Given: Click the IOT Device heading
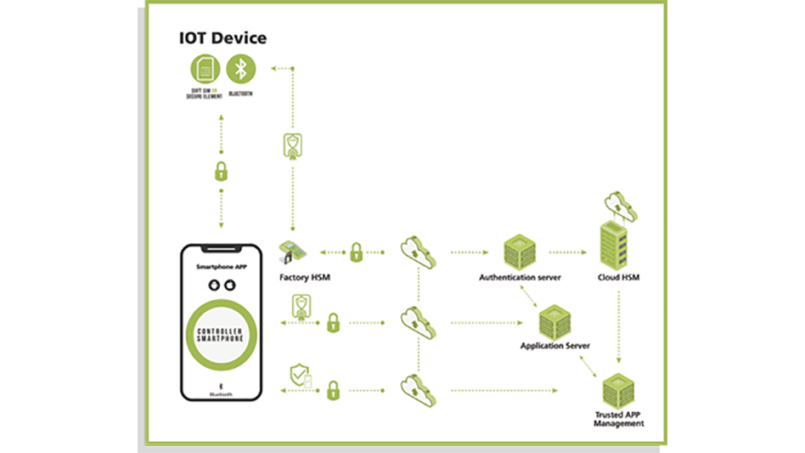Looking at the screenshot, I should coord(222,37).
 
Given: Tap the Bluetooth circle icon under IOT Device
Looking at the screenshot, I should coord(242,68).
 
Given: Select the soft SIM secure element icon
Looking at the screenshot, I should coord(204,68).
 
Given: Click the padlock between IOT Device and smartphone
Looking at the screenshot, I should coord(221,171).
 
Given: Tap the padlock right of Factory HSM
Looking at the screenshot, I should coord(357,252).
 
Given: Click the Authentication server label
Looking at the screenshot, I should coord(520,277).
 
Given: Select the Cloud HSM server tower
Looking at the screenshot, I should coord(618,244).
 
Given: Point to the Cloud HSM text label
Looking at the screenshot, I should coord(618,277).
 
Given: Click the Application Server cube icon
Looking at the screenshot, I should coord(556,321).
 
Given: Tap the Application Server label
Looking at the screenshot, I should coord(555,346).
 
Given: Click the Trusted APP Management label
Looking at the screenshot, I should coord(618,419).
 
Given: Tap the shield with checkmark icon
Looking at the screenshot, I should coord(300,375).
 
